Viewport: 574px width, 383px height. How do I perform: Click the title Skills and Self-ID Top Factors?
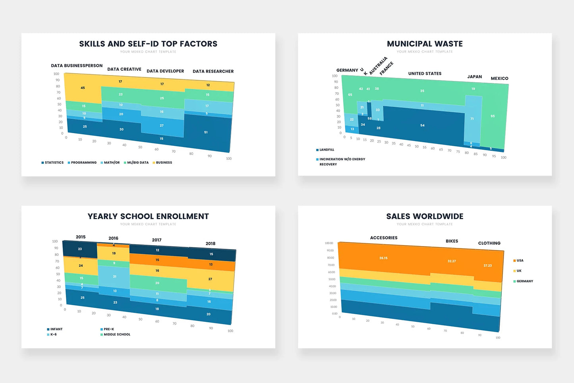[148, 44]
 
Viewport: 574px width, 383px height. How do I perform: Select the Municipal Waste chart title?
[425, 44]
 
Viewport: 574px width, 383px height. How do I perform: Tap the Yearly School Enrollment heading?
[148, 216]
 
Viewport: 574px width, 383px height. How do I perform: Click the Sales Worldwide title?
[425, 216]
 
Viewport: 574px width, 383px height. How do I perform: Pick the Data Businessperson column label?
[77, 66]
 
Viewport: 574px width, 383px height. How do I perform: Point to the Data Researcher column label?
[213, 72]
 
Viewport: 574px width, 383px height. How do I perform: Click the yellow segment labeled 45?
[83, 88]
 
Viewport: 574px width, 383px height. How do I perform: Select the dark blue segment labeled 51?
[206, 132]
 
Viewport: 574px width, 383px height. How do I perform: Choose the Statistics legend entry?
[52, 162]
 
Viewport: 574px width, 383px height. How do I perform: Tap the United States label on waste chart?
[425, 74]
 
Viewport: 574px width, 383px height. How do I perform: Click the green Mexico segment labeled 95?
[493, 116]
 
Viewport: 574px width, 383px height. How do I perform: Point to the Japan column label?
[474, 77]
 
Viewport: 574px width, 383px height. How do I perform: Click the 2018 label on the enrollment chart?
[210, 244]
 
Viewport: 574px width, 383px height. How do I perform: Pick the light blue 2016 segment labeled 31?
[114, 277]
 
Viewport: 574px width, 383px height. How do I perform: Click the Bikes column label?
[452, 241]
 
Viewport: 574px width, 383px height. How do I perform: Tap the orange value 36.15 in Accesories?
[383, 258]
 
